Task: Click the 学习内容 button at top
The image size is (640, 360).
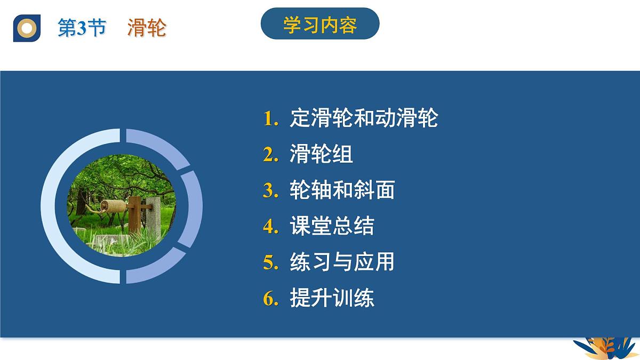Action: click(x=320, y=25)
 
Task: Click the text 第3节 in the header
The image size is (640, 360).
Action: click(x=82, y=28)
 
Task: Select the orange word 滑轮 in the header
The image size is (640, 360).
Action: click(x=147, y=28)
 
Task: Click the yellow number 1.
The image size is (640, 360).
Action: click(x=270, y=118)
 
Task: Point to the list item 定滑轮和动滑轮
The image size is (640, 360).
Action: click(x=364, y=118)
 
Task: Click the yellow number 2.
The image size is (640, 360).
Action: click(x=270, y=155)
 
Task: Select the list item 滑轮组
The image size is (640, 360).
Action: click(x=321, y=155)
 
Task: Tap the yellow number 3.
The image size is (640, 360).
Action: click(x=270, y=190)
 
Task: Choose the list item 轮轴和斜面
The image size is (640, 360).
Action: click(x=342, y=190)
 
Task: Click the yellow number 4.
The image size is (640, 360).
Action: click(x=270, y=227)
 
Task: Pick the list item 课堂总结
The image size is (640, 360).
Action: click(x=332, y=227)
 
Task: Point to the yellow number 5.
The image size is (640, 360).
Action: click(x=270, y=262)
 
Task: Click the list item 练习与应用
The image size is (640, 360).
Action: click(x=342, y=262)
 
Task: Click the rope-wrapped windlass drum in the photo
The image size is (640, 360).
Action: click(x=113, y=206)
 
